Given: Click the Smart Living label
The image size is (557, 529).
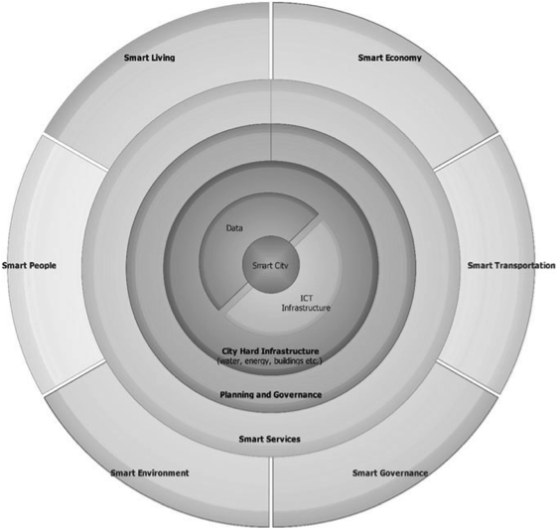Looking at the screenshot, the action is click(x=149, y=58).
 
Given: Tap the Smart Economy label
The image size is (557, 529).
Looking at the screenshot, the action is click(x=389, y=58).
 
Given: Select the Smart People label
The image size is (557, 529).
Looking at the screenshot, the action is click(x=29, y=266).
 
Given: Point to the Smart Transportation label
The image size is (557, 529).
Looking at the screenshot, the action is click(x=511, y=266).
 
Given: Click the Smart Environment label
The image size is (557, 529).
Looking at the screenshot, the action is click(x=150, y=472).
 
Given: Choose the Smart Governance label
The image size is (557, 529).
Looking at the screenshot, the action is click(x=390, y=472).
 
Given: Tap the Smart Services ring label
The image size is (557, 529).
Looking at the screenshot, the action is click(x=270, y=439).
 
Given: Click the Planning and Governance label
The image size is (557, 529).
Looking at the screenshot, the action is click(x=271, y=395).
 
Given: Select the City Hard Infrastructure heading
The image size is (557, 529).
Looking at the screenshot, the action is click(x=270, y=351).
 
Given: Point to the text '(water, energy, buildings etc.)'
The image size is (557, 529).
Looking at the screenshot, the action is click(x=270, y=361).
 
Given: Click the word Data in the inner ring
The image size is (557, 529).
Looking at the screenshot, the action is click(x=234, y=228).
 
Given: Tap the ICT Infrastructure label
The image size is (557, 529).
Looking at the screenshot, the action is click(x=306, y=303).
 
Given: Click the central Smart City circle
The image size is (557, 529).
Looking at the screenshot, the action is click(x=271, y=264).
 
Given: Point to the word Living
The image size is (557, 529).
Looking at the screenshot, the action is click(x=162, y=58).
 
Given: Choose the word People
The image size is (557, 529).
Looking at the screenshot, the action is click(x=43, y=266).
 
